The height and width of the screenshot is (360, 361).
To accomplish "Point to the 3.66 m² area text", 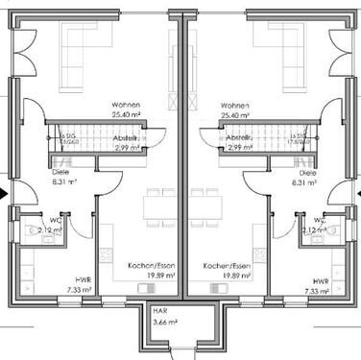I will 160,322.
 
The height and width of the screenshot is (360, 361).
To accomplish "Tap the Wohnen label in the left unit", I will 125,105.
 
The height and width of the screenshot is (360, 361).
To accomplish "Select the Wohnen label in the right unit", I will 234,105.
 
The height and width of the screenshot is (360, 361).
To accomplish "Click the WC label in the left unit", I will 54,220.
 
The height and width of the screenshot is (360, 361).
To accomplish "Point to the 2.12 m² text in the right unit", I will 313,230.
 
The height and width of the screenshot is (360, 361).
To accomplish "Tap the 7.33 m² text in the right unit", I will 316,289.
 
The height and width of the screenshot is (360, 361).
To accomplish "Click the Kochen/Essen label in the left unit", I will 149,265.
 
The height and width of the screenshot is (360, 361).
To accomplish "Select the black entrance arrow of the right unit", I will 356,193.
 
